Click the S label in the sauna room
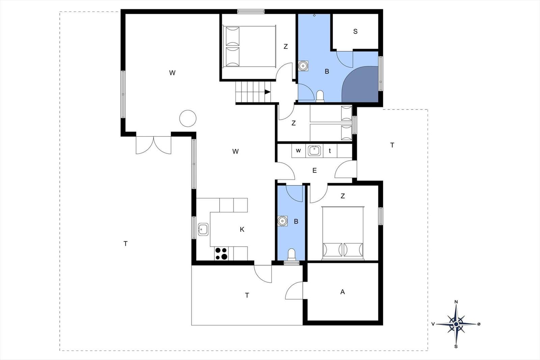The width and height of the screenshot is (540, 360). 355,32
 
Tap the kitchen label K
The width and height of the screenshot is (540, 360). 242,229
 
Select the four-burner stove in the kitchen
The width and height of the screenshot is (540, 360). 221,253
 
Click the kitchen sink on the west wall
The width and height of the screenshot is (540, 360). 203,229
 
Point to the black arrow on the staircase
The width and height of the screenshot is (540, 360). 267,92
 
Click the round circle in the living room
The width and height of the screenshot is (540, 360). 188,118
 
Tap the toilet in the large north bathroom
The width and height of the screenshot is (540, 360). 320,96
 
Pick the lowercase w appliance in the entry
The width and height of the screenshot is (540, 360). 298,150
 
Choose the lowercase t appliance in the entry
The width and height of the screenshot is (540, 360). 330,151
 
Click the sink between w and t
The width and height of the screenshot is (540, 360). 315,150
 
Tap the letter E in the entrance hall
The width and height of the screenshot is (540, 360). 314,171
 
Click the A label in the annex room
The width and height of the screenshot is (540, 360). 343,292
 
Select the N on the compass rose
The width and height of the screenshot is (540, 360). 456,302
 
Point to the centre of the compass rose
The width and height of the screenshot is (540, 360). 456,324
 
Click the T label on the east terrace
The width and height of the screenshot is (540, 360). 392,145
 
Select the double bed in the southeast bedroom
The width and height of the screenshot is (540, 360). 343,233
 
